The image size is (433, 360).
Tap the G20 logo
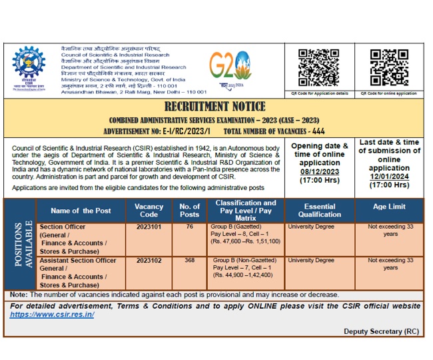pyautogui.click(x=230, y=67)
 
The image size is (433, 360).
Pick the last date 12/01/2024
pyautogui.click(x=389, y=176)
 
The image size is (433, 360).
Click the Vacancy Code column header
pyautogui.click(x=149, y=211)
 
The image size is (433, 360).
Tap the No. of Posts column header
pyautogui.click(x=189, y=211)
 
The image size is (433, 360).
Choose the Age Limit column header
pyautogui.click(x=389, y=207)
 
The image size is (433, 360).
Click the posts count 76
pyautogui.click(x=189, y=227)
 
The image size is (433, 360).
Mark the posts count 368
pyautogui.click(x=189, y=261)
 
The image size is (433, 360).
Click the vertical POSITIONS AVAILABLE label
pyautogui.click(x=19, y=244)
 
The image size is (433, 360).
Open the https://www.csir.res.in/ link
pyautogui.click(x=52, y=315)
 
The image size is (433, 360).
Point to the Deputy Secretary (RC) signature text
pyautogui.click(x=382, y=331)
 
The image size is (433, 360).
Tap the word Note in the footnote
pyautogui.click(x=19, y=294)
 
